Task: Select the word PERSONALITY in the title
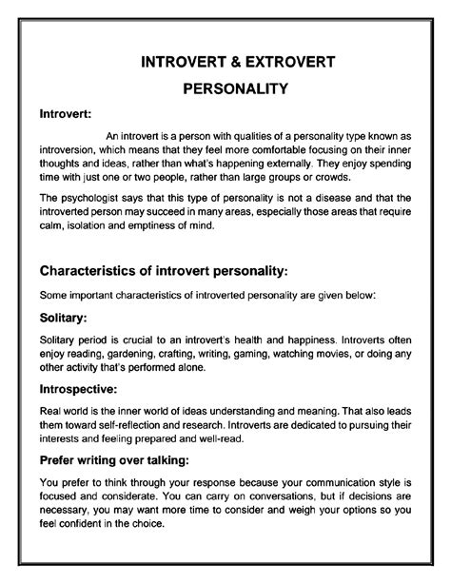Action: point(225,87)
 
